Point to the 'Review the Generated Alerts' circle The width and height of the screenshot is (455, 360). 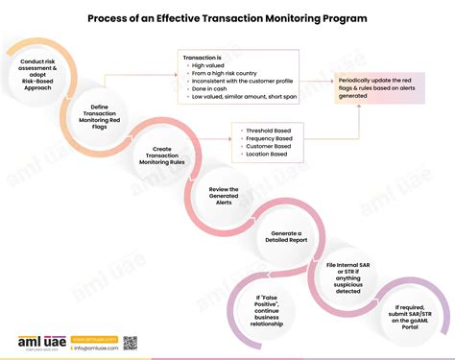tap(224, 195)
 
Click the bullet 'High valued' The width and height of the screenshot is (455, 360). tap(210, 68)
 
